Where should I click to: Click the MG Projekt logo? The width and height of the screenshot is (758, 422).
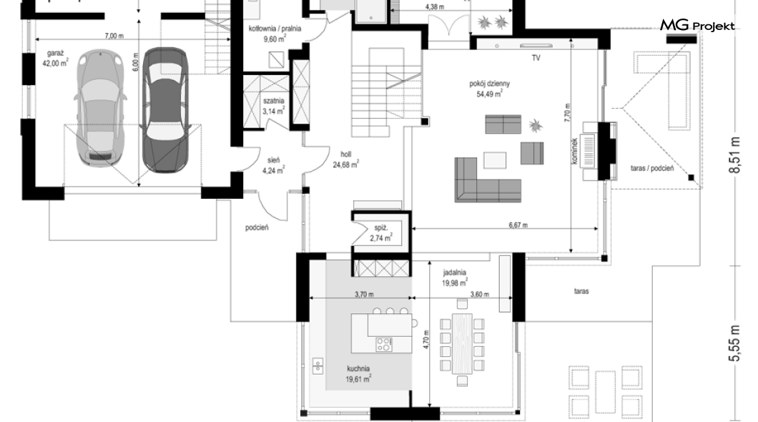pos(697,26)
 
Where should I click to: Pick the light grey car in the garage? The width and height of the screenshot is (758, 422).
pos(100,108)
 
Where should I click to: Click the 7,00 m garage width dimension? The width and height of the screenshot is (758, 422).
pos(114,36)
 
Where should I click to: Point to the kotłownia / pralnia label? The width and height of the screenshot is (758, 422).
pos(275,29)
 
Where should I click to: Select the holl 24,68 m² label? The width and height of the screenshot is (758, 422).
pos(345,160)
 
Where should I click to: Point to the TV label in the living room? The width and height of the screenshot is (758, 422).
pos(536,58)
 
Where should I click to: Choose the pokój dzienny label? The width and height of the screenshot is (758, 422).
pos(489,84)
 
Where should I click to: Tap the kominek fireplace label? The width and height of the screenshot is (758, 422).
pos(574,152)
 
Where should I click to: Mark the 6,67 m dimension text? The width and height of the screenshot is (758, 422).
pos(518,225)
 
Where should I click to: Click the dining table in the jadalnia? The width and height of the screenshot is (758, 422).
pos(462,343)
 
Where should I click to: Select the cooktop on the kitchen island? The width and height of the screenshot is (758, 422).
pos(384,344)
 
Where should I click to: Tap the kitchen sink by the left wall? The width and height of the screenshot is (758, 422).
pos(317,365)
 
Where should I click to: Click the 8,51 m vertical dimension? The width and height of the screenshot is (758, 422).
pos(735,154)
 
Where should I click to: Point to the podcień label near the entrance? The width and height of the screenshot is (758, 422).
pos(257,227)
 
